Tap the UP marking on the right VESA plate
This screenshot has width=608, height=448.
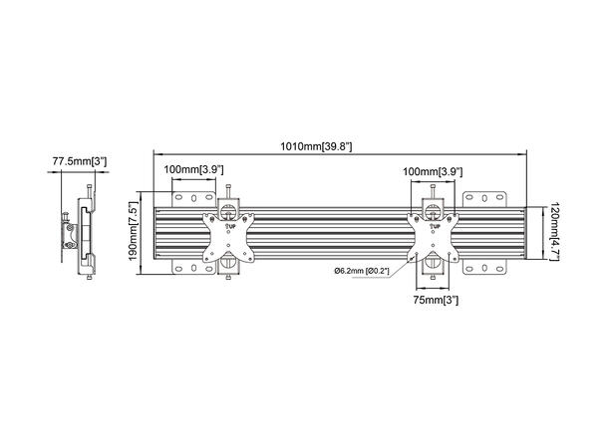click(x=434, y=227)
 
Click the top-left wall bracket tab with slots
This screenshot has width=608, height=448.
click(x=185, y=197)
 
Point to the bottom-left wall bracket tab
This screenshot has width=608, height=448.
click(x=185, y=266)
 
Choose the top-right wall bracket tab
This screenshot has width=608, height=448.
click(x=491, y=197)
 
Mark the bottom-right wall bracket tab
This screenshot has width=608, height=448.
click(x=491, y=266)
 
